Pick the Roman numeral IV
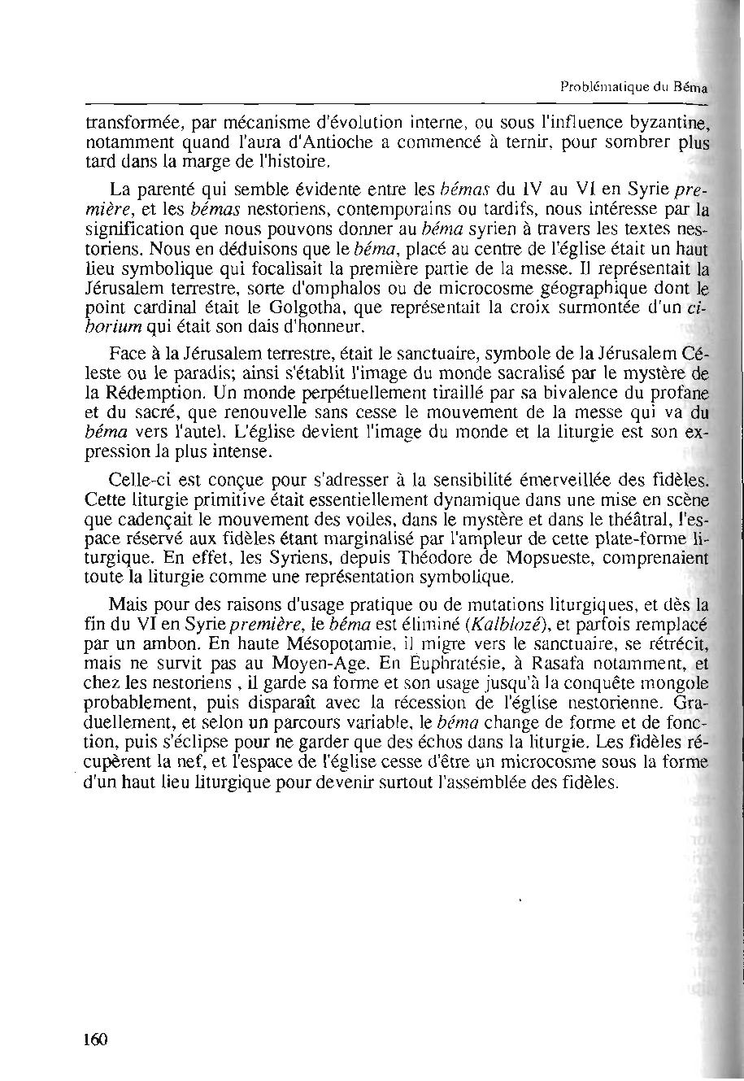point(507,194)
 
